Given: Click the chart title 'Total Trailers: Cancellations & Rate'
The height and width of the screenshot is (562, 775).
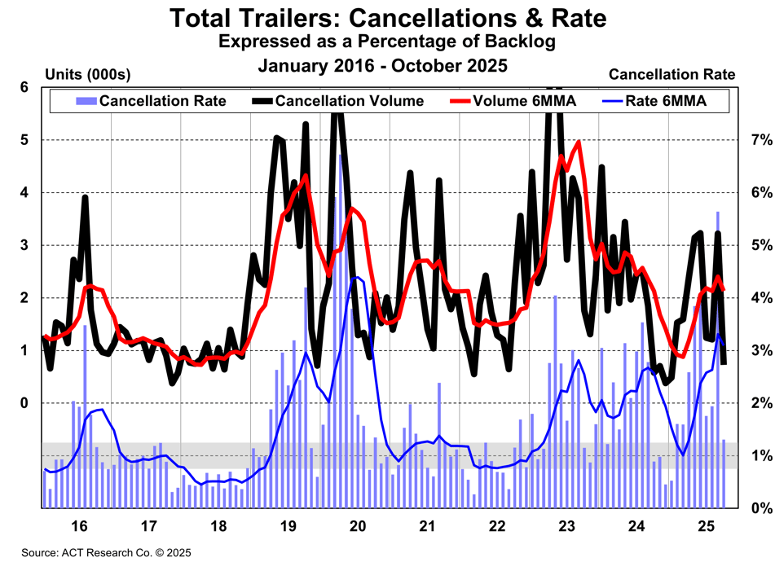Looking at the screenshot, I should (387, 18).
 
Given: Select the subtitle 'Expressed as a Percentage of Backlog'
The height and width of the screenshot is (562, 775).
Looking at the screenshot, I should (387, 41).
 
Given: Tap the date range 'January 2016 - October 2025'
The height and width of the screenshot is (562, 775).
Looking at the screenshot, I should (387, 64).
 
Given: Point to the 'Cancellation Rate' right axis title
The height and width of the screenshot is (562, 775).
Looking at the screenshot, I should (672, 75).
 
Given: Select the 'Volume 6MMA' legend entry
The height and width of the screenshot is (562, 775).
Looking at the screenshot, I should (525, 101).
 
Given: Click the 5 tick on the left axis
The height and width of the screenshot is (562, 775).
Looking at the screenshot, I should (24, 140).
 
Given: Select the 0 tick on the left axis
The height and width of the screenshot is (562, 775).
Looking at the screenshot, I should (24, 403).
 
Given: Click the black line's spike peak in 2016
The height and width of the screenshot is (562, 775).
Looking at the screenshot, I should (85, 196).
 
